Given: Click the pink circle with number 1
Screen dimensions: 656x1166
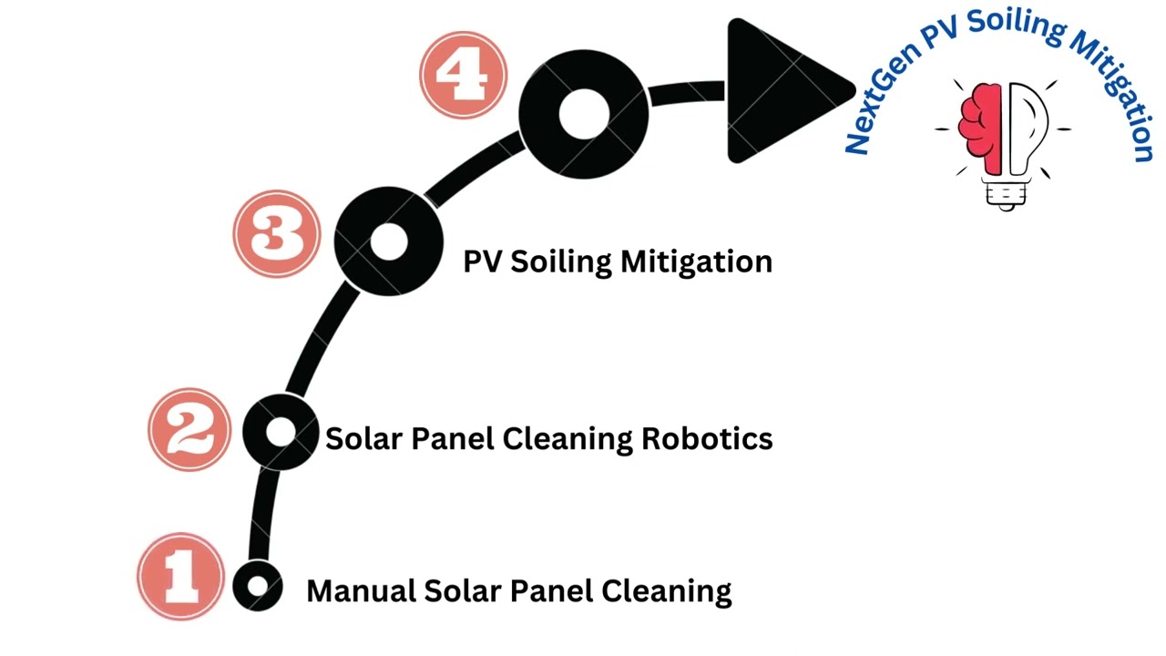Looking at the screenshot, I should click(x=180, y=577).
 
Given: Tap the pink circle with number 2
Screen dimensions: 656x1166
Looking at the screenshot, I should click(x=190, y=429).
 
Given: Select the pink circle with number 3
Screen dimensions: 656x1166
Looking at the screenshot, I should click(x=277, y=233).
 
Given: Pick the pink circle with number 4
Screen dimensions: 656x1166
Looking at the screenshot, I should click(x=464, y=75).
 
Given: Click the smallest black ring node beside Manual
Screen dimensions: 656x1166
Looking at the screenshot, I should click(x=258, y=586).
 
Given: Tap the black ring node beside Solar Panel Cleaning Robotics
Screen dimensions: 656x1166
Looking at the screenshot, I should click(x=281, y=433).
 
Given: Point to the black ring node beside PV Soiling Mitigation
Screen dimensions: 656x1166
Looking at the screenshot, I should click(x=389, y=241).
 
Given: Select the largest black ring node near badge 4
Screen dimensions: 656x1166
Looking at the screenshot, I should click(x=583, y=114).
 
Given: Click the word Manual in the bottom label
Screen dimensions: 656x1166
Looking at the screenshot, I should click(x=362, y=591).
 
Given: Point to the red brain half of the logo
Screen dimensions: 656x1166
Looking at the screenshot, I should click(x=983, y=128).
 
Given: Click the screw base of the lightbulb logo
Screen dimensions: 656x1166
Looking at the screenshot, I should click(x=1006, y=193).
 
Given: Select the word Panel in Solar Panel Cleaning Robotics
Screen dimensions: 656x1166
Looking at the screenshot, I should click(x=453, y=439).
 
